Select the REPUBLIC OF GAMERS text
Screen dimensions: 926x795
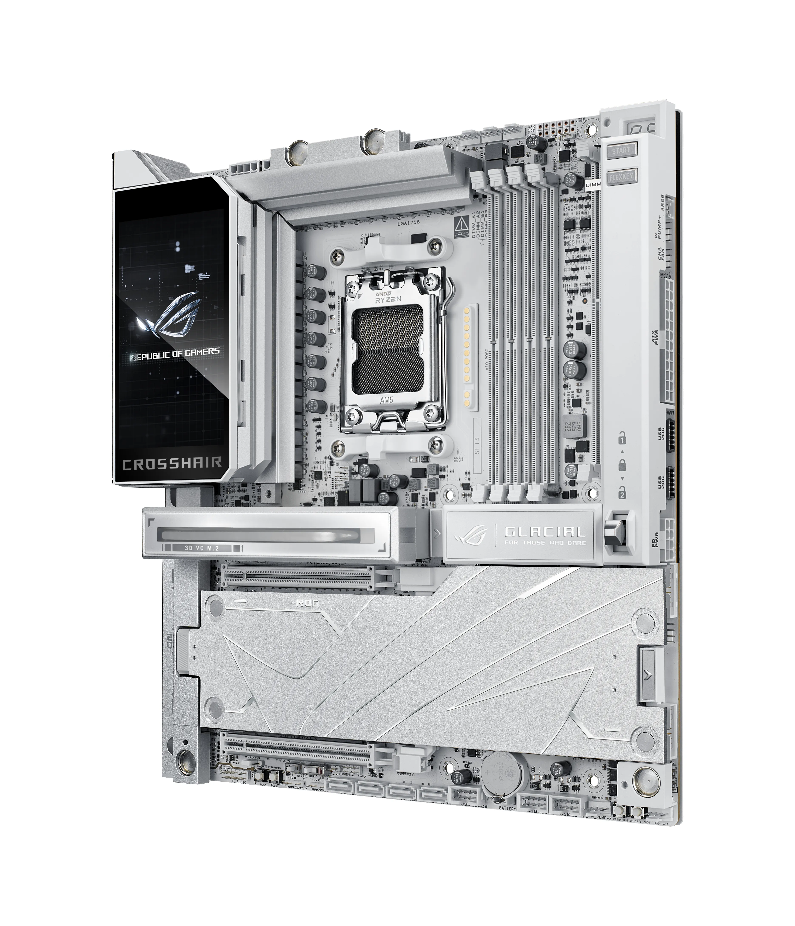[174, 352]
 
